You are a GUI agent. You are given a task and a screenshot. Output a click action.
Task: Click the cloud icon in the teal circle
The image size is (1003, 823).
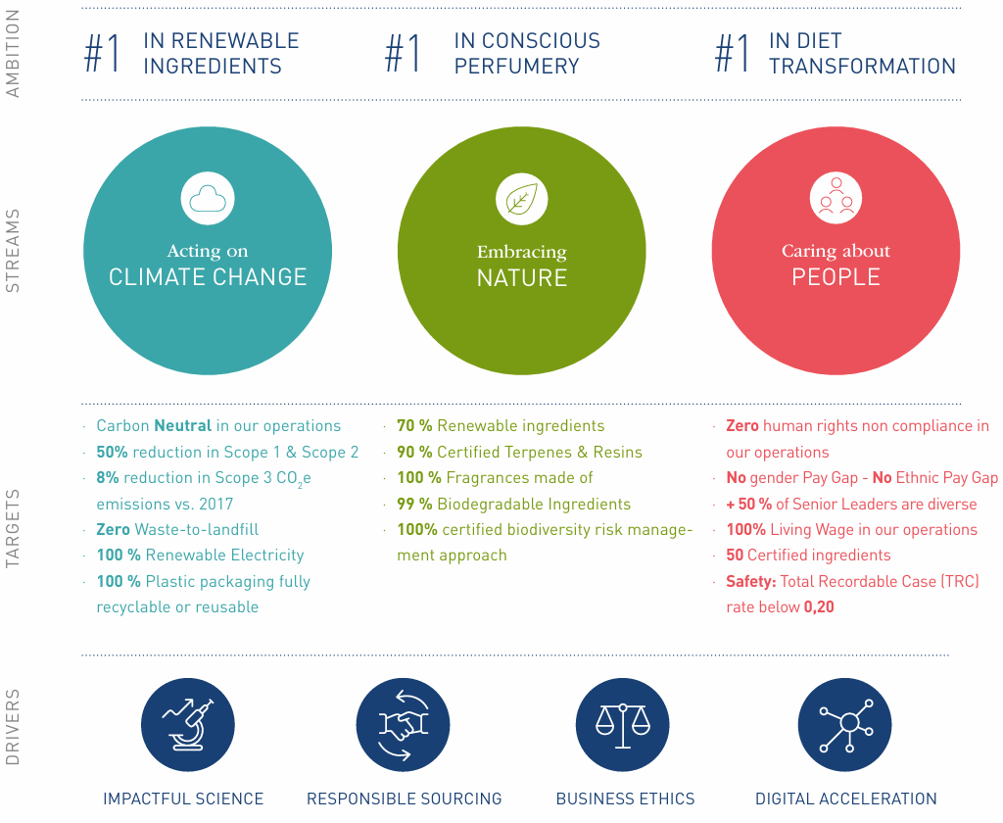tap(208, 199)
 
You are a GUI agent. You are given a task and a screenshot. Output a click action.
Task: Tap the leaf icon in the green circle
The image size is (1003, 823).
tap(521, 199)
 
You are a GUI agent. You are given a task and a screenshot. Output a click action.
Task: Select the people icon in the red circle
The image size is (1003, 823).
tap(836, 198)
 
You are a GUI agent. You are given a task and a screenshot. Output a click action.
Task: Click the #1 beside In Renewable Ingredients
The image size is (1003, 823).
tap(103, 54)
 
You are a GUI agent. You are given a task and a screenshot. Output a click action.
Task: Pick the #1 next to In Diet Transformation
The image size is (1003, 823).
tap(733, 54)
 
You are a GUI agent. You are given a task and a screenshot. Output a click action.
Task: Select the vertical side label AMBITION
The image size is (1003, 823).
tap(13, 54)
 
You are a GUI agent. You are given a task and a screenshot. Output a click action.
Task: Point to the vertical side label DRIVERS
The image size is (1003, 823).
tap(13, 727)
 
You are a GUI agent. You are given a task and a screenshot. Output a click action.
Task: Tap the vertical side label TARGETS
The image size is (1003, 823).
tap(13, 527)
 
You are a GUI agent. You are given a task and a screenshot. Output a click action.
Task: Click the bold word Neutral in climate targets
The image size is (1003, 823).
tap(182, 426)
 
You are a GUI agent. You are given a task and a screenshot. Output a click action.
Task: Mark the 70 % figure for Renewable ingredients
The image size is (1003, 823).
tap(414, 426)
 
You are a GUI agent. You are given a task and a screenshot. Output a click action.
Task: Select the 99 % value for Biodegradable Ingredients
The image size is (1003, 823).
tap(414, 504)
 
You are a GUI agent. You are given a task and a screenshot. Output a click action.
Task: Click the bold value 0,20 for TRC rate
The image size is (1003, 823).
tap(819, 607)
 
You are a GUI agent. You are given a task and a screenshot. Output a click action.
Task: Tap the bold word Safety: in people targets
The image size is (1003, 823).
tap(750, 581)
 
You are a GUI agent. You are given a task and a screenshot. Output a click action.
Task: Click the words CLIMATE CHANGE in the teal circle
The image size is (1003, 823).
tap(208, 277)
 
